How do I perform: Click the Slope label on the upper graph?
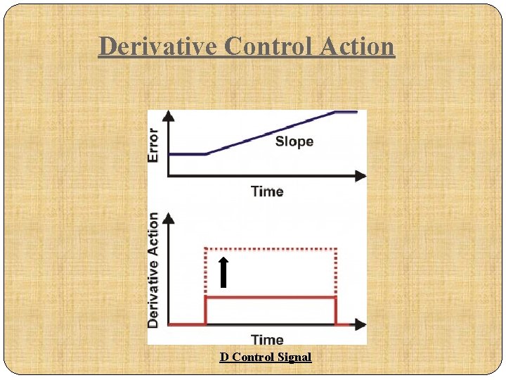coord(294,141)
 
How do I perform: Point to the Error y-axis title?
coord(154,145)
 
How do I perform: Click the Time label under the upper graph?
coord(267,191)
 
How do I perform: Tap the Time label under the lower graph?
coord(267,340)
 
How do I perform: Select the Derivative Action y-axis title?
coord(154,270)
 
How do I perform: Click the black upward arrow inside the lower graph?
coord(223,273)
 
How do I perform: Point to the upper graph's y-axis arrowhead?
coord(169,115)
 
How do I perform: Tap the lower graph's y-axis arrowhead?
coord(169,219)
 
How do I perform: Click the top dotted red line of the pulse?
coord(271,248)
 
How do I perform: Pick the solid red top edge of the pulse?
coord(271,297)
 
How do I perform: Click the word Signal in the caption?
coord(294,357)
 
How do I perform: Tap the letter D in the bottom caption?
coord(224,357)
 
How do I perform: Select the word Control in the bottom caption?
coord(253,357)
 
